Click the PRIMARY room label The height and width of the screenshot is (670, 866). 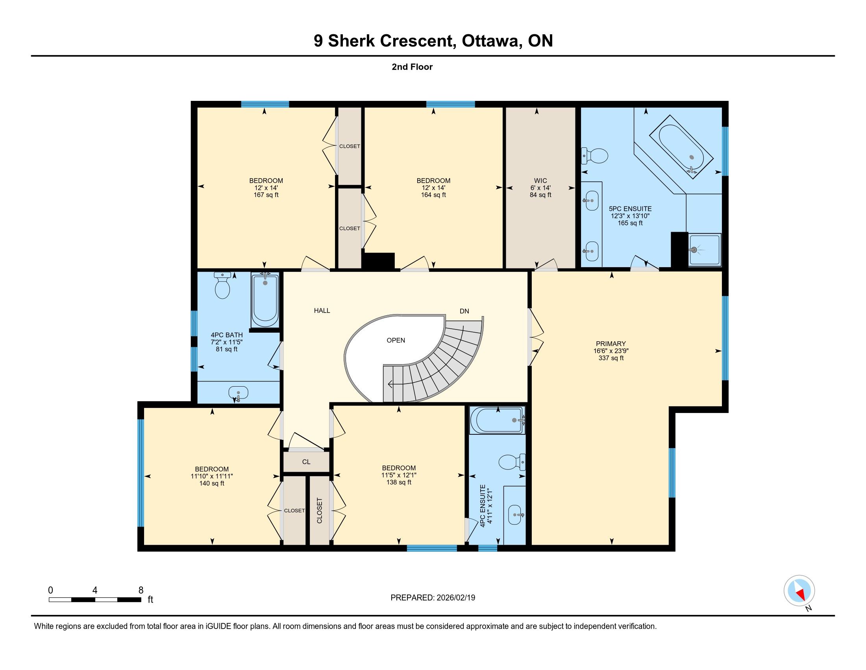pyautogui.click(x=611, y=344)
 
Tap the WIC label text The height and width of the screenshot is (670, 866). pyautogui.click(x=540, y=181)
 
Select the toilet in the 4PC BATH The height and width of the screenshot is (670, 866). pyautogui.click(x=222, y=285)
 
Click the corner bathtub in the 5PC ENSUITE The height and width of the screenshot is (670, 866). pyautogui.click(x=681, y=147)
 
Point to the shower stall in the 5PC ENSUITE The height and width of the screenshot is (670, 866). pyautogui.click(x=705, y=249)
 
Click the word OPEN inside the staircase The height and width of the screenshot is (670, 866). pyautogui.click(x=396, y=340)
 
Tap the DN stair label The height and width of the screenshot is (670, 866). pyautogui.click(x=464, y=311)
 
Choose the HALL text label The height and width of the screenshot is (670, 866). pyautogui.click(x=322, y=311)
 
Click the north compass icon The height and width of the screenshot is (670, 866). pyautogui.click(x=799, y=591)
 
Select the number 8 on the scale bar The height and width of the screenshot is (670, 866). pyautogui.click(x=141, y=590)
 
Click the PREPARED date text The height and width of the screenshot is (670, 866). pyautogui.click(x=433, y=598)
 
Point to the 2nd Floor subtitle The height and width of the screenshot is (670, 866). pyautogui.click(x=412, y=67)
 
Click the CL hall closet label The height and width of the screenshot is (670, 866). pyautogui.click(x=306, y=462)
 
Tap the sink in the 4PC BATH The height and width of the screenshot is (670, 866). pyautogui.click(x=238, y=393)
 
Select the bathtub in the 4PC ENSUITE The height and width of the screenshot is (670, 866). pyautogui.click(x=497, y=420)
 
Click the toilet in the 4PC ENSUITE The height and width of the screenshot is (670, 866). pyautogui.click(x=512, y=462)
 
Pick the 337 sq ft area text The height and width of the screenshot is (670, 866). pyautogui.click(x=611, y=358)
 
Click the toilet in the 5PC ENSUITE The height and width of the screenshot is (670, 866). pyautogui.click(x=594, y=156)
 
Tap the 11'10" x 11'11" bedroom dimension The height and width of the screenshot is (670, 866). pyautogui.click(x=212, y=476)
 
